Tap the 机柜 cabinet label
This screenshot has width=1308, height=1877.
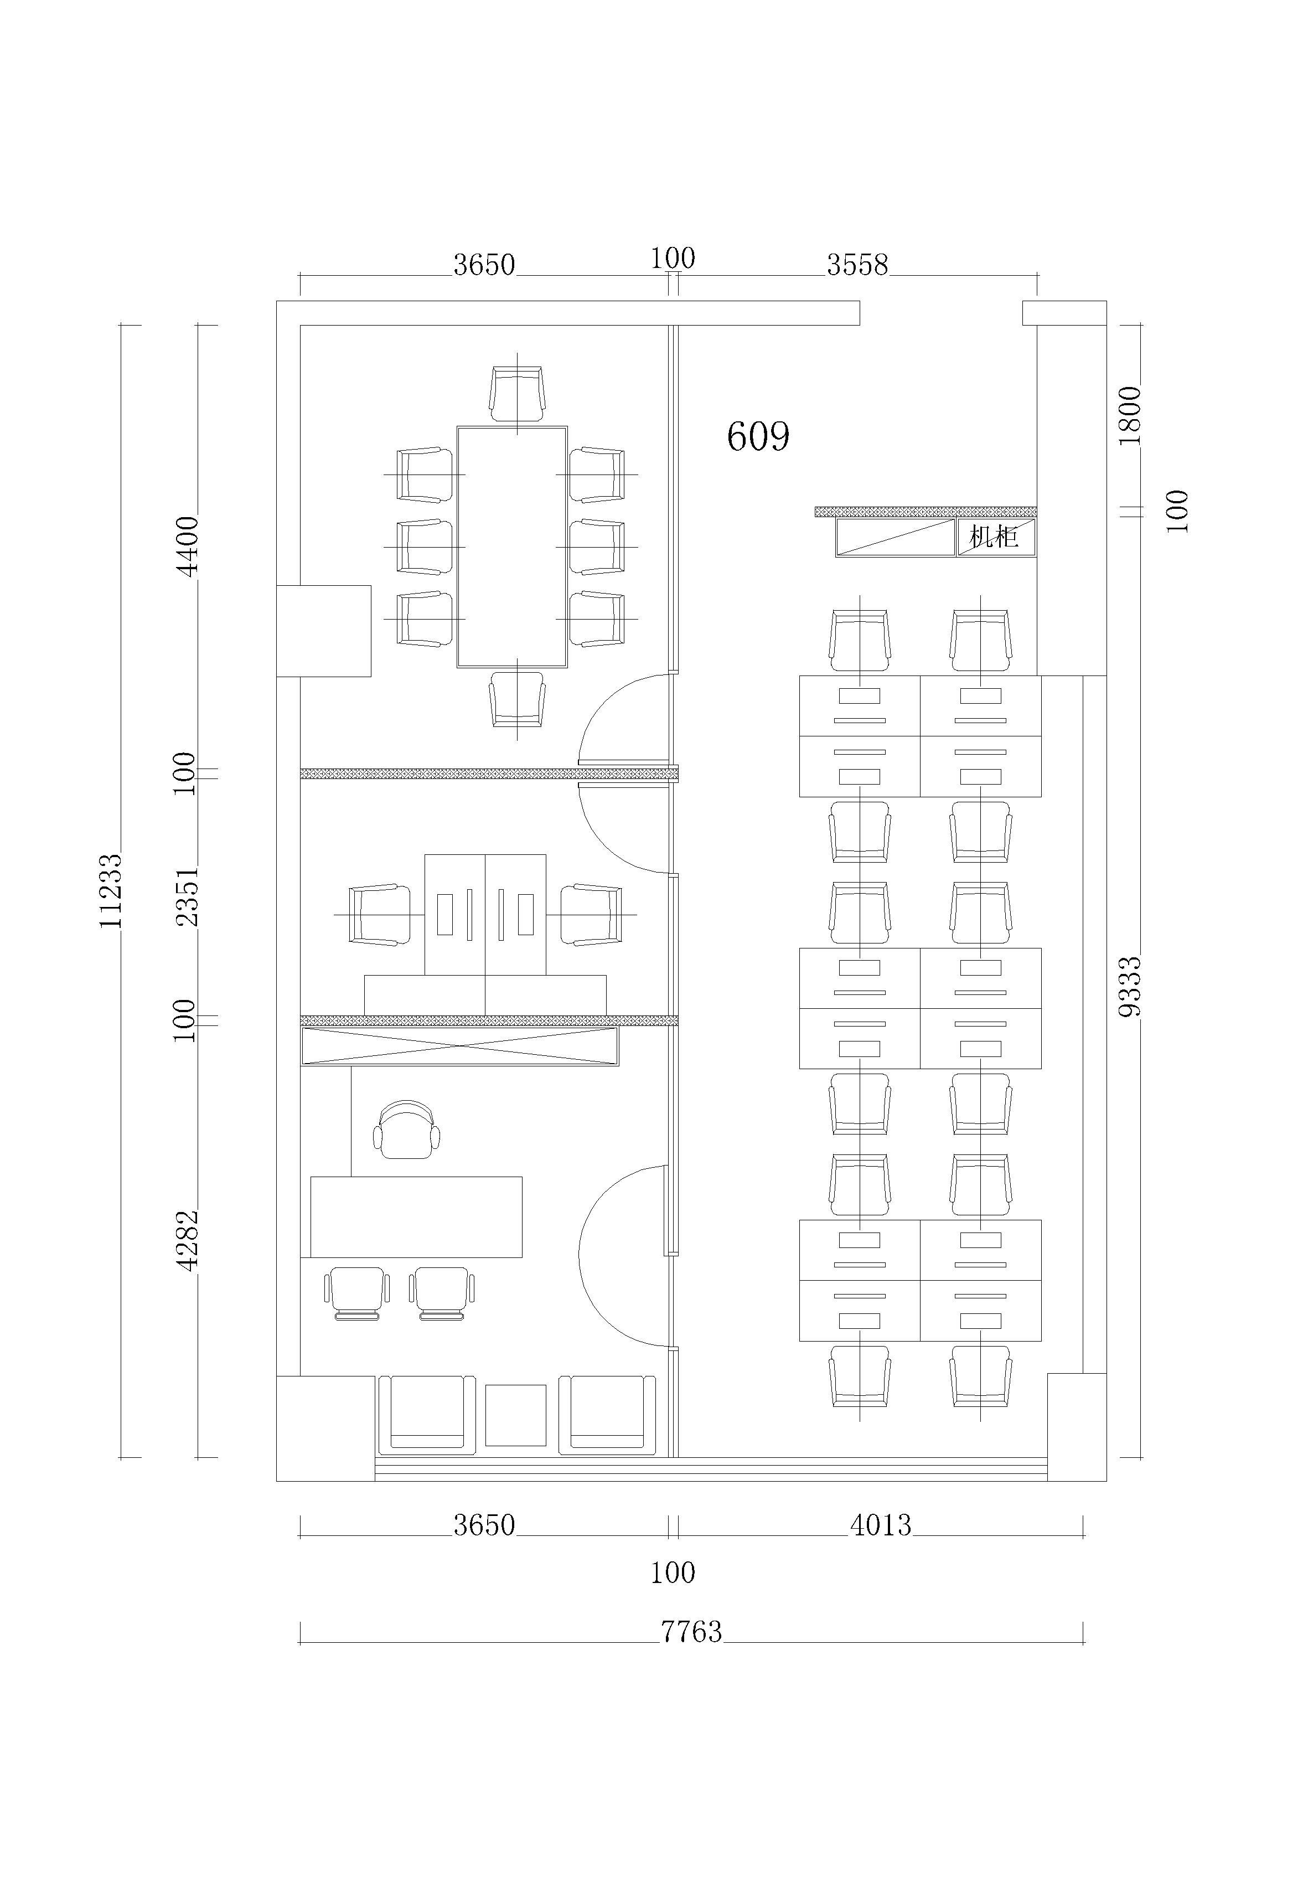click(x=993, y=537)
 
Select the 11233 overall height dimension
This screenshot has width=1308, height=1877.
click(x=110, y=890)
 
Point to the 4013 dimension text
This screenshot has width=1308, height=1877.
click(x=881, y=1525)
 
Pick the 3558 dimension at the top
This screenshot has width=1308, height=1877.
click(x=857, y=264)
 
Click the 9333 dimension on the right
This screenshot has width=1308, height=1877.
click(x=1129, y=987)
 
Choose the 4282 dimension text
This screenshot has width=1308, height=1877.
click(x=187, y=1240)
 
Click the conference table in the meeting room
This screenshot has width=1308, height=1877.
click(x=512, y=547)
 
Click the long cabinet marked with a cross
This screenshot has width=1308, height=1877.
click(x=459, y=1046)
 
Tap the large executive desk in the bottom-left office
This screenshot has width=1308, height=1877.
click(x=416, y=1216)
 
